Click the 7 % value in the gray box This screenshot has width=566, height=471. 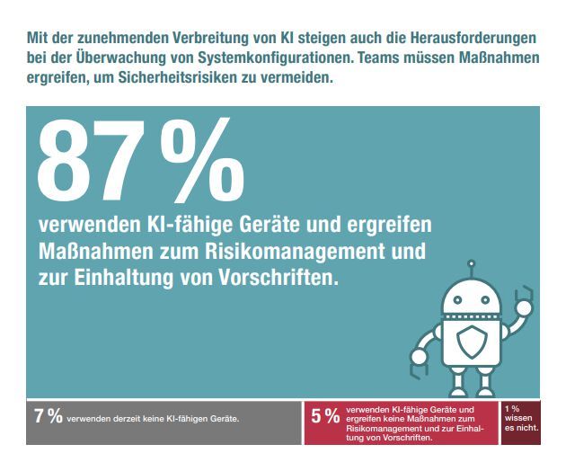coord(48,416)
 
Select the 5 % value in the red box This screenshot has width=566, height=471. coord(324,416)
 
